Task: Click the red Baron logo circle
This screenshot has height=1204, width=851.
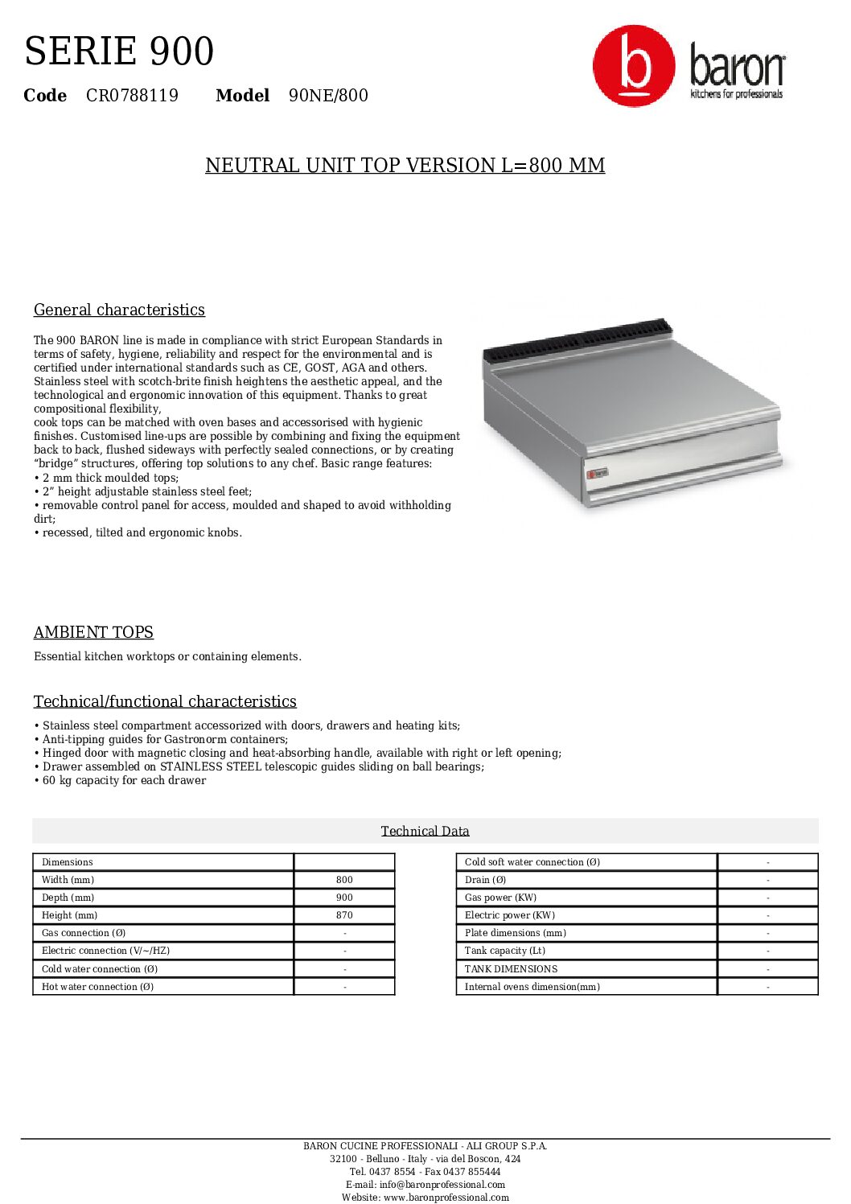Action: click(x=634, y=66)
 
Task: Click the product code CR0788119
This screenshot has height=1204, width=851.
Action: click(x=132, y=96)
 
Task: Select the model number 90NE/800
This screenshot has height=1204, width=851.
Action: click(x=328, y=96)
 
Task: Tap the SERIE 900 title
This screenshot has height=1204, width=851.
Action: click(x=119, y=51)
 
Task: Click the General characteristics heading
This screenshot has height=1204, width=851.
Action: click(x=119, y=310)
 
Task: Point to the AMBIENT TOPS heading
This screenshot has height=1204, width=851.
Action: click(x=93, y=632)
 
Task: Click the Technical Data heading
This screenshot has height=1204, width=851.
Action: click(x=425, y=831)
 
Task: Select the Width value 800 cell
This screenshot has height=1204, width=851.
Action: click(x=344, y=880)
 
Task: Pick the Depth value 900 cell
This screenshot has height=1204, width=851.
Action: click(x=344, y=898)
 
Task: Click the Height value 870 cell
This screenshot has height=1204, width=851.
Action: click(x=344, y=915)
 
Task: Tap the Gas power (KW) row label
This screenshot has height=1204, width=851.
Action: click(x=500, y=898)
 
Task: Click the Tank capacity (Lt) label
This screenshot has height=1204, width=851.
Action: click(x=504, y=951)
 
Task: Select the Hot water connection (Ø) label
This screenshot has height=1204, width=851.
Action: click(x=97, y=987)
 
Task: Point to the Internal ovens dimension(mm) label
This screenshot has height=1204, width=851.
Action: click(x=532, y=987)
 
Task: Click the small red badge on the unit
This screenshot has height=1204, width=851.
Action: click(x=598, y=473)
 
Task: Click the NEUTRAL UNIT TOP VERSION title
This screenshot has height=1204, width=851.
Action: click(x=405, y=166)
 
